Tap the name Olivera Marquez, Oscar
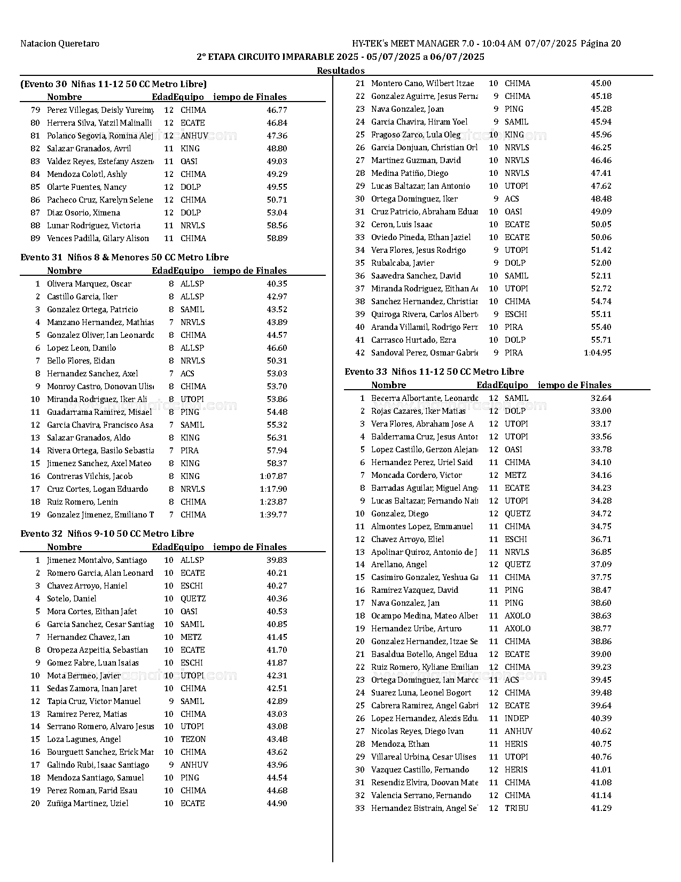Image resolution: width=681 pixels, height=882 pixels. point(89,284)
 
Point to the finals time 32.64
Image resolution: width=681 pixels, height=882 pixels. point(601,398)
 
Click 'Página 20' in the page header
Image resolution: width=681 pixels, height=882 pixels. point(600,44)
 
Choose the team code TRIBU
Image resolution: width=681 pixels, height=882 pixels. point(516,808)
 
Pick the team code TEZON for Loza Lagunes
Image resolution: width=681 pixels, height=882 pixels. point(193,739)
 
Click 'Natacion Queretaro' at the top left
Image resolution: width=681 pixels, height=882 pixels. point(60,44)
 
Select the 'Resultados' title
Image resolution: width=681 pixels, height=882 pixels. point(341,71)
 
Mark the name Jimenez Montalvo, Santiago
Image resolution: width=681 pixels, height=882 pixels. point(97,560)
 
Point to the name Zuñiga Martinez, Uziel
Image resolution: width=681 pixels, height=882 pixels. point(88,803)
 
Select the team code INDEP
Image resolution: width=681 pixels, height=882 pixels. point(516,718)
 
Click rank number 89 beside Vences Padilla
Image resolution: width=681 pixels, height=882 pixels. point(36,238)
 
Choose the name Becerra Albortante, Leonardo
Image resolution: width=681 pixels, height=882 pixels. point(425,398)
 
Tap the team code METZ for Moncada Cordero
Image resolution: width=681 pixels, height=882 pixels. point(515,475)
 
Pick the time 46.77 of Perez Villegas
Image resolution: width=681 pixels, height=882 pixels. point(277,110)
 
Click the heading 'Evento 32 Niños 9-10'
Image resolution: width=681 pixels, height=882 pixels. point(107,533)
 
